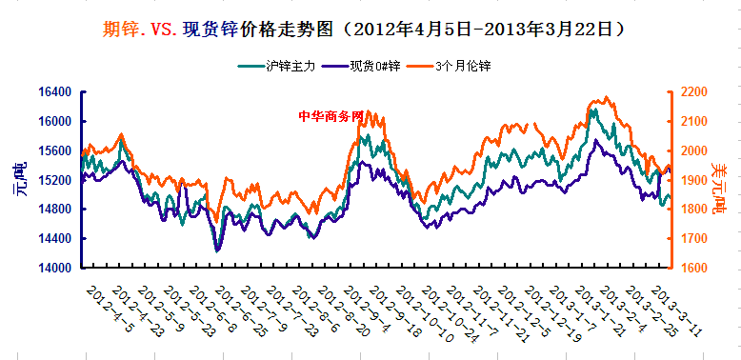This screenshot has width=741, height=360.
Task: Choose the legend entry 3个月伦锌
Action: click(x=463, y=66)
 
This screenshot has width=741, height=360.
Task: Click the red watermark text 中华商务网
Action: click(x=331, y=115)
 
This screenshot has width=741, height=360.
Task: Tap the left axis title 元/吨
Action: click(x=19, y=180)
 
